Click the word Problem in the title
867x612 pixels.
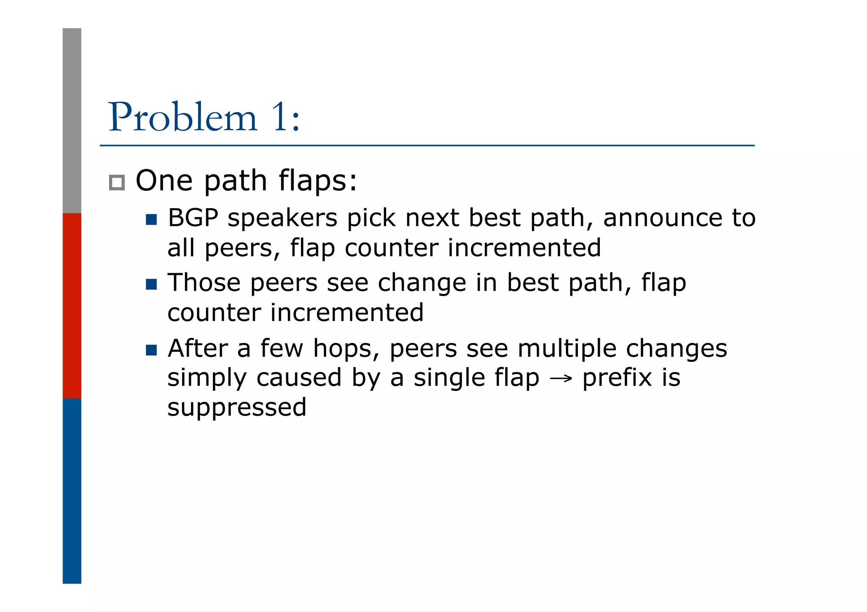[183, 118]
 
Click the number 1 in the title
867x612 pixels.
[280, 118]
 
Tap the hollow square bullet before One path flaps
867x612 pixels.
[117, 183]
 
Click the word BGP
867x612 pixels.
[193, 219]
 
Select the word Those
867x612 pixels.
[204, 283]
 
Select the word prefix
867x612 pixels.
[617, 378]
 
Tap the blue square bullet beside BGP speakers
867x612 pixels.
[151, 220]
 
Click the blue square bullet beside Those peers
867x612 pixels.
[151, 284]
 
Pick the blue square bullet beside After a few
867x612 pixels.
[151, 350]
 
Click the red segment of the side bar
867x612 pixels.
[72, 305]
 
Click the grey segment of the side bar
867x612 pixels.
[72, 121]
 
